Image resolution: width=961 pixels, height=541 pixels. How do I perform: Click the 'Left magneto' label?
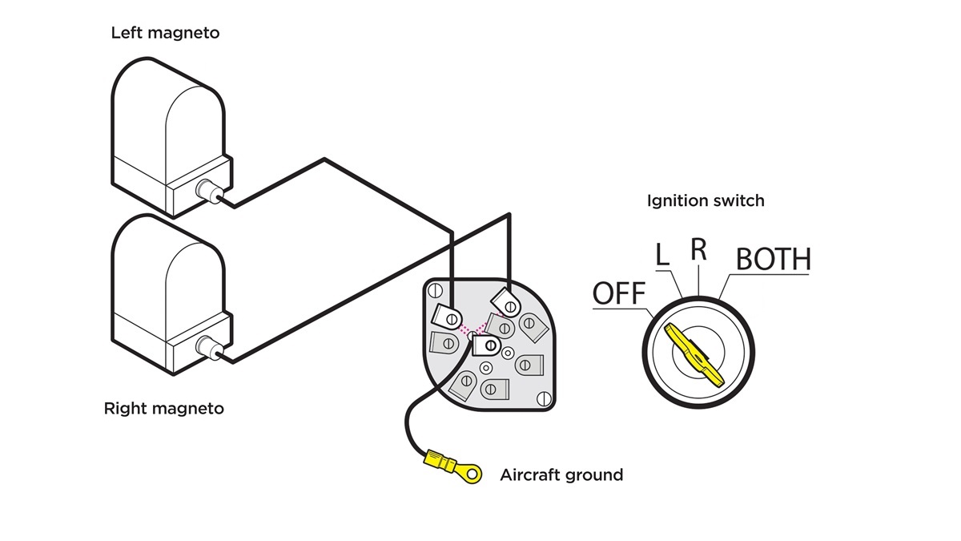tap(164, 34)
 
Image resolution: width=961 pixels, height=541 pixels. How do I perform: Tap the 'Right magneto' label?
tap(164, 409)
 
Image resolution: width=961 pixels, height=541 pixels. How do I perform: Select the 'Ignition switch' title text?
tap(706, 200)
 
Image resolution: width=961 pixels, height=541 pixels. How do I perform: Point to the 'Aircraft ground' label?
tap(561, 474)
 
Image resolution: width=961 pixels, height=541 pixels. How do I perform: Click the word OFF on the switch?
tap(619, 294)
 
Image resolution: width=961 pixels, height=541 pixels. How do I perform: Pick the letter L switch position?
tap(661, 256)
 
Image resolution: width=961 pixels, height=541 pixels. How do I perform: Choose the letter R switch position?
tap(699, 249)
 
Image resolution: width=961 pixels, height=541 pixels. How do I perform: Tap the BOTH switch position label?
tap(773, 260)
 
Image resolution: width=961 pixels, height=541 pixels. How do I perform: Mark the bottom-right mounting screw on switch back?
tap(545, 398)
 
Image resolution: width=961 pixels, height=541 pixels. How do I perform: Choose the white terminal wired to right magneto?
tap(507, 302)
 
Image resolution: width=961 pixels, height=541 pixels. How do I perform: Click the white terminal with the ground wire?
tap(485, 345)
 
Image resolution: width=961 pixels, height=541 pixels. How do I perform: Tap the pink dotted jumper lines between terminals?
tap(473, 328)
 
